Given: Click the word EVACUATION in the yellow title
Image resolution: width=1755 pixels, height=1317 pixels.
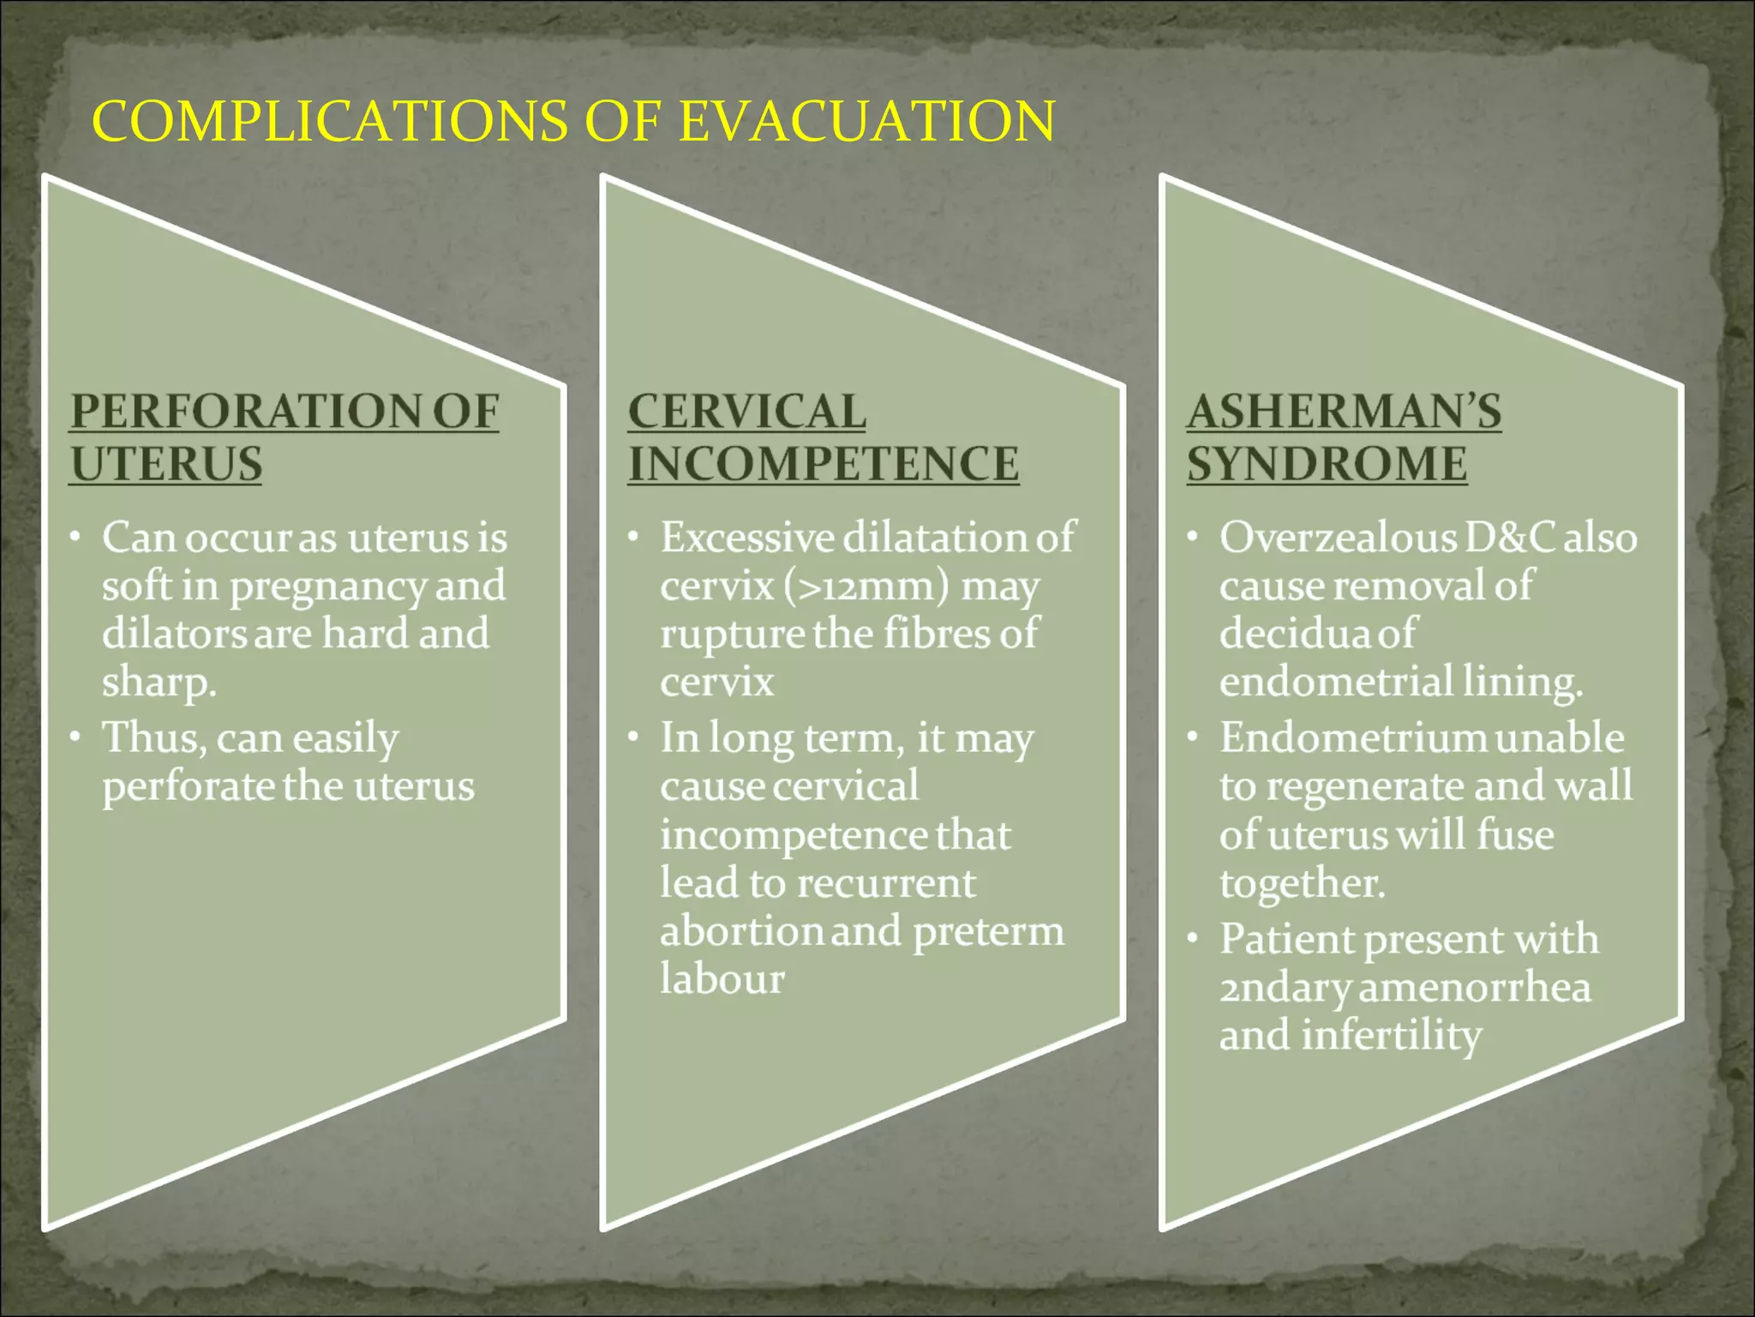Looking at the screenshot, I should tap(866, 121).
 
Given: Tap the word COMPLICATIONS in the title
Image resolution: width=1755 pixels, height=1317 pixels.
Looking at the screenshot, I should tap(329, 121).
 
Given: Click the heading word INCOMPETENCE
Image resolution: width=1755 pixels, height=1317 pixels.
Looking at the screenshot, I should tap(824, 464).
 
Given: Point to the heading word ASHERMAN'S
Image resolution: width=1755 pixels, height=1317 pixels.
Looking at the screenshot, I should tap(1344, 412).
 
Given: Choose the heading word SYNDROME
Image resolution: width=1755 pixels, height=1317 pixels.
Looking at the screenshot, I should tap(1327, 464).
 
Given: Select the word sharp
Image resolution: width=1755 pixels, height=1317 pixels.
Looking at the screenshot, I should tap(158, 683).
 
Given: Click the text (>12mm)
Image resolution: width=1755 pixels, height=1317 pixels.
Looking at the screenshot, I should tap(866, 587).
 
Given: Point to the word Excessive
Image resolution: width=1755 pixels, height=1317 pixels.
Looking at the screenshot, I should tap(747, 538).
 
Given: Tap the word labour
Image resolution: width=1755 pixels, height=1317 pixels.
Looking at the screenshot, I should tap(722, 979).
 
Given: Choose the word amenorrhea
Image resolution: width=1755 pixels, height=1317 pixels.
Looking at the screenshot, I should tap(1474, 988).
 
